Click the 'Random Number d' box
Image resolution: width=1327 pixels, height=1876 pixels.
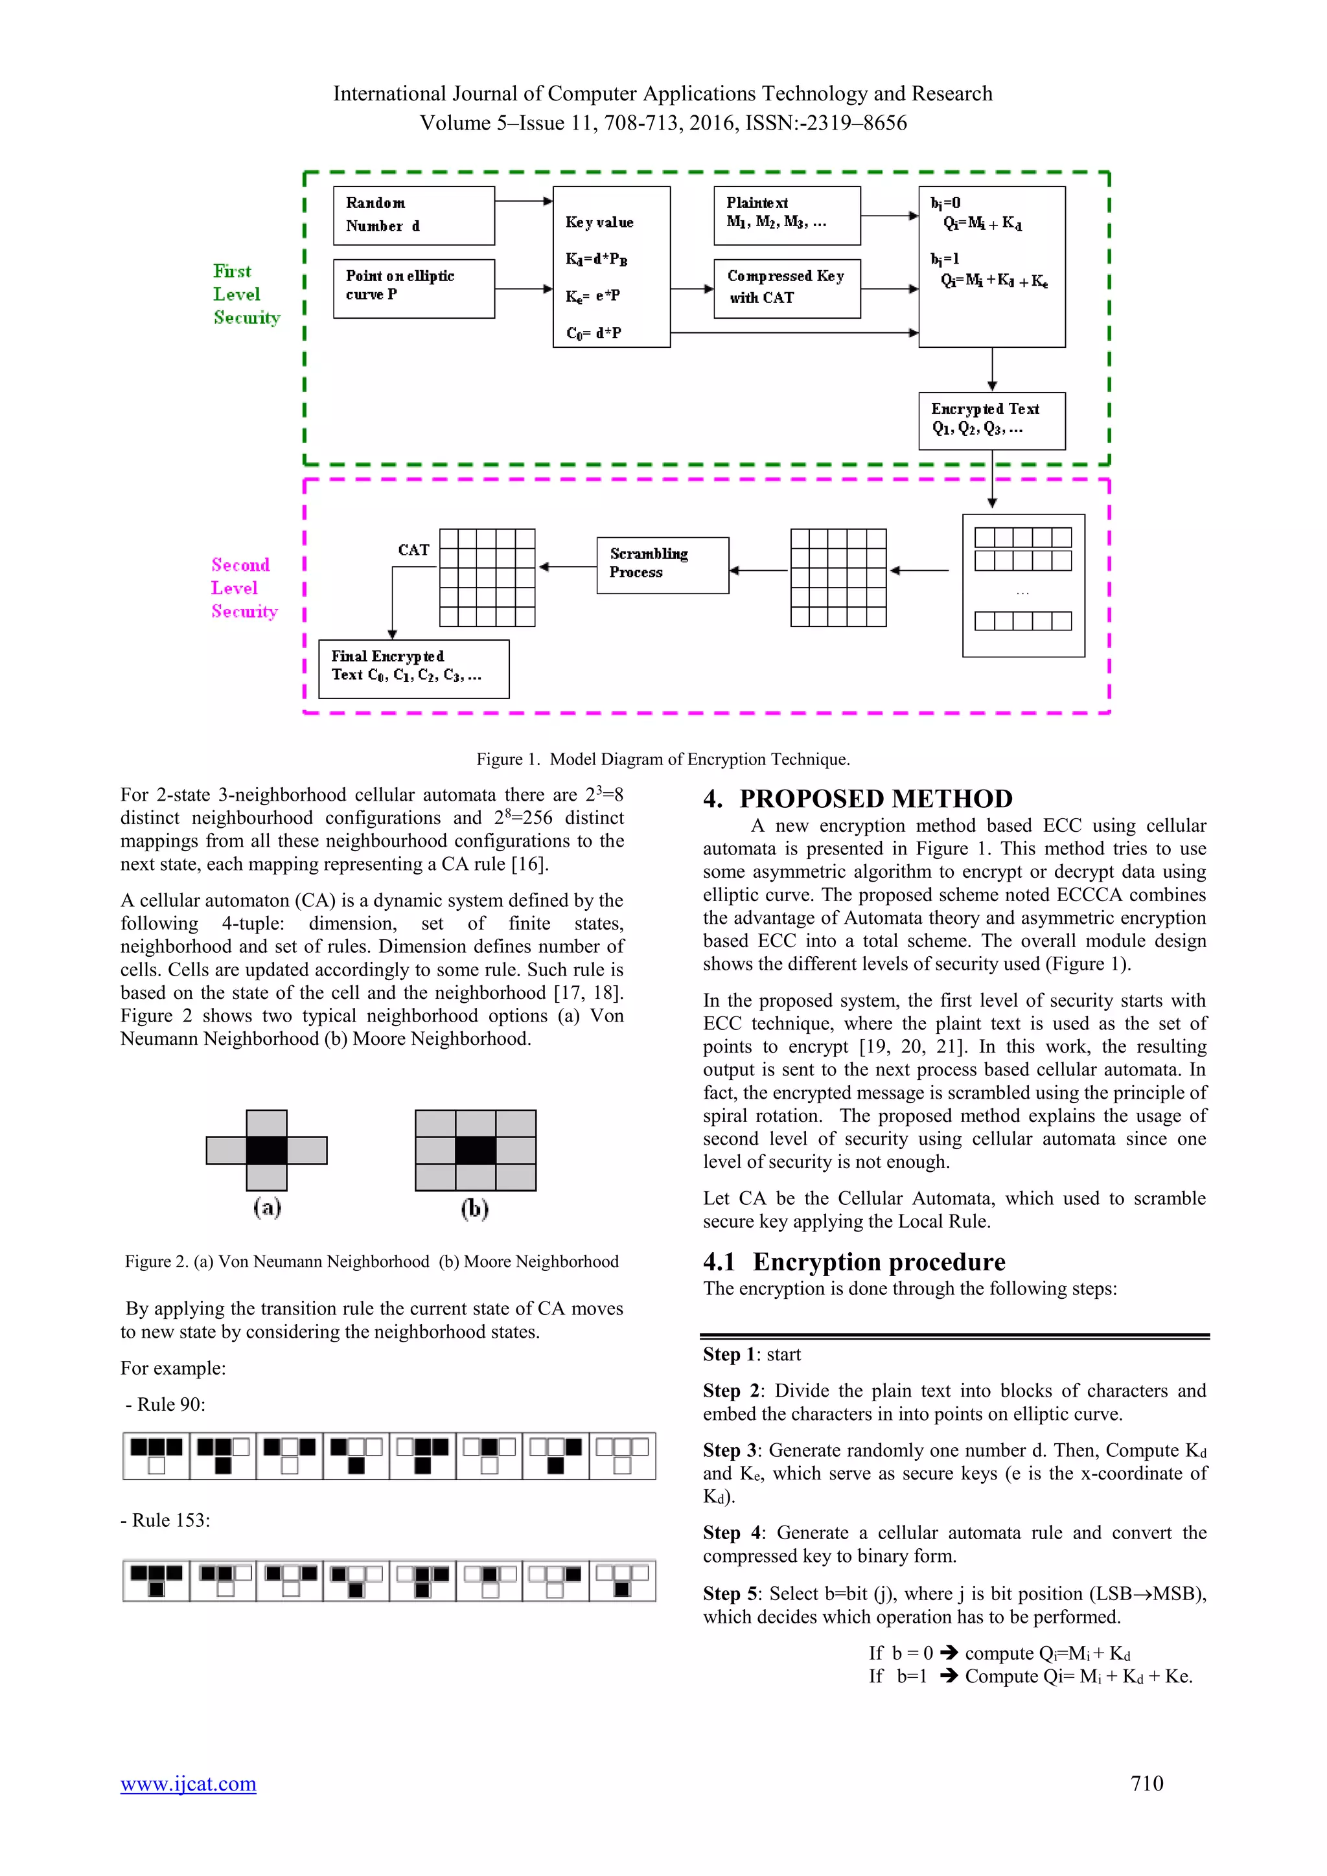tap(413, 215)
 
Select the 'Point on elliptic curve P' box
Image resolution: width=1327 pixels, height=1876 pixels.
tap(413, 288)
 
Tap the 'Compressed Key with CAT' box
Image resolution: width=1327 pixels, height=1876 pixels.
tap(786, 288)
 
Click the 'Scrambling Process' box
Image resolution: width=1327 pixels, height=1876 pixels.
tap(662, 565)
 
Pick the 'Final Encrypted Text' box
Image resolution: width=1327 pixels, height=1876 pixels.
tap(413, 669)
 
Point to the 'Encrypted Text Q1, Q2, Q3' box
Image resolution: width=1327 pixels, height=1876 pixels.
tap(991, 420)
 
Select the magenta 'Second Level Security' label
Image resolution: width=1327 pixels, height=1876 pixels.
tap(244, 588)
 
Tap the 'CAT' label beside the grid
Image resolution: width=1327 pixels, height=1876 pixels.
tap(413, 550)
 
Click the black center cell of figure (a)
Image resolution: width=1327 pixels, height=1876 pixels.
tap(266, 1150)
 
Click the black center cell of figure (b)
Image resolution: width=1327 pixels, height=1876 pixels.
tap(476, 1150)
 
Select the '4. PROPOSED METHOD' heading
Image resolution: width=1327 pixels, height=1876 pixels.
tap(858, 798)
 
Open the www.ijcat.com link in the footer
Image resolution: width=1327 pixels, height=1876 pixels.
tap(188, 1783)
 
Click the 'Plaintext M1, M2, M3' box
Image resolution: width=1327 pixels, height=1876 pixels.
tap(786, 215)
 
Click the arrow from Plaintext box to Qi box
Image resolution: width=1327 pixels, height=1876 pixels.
tap(889, 216)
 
